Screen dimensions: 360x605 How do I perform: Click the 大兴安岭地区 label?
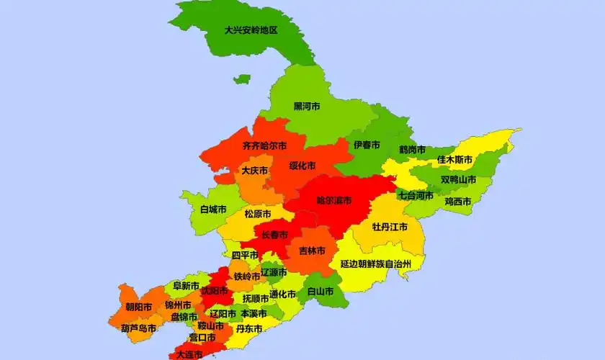[x=251, y=30]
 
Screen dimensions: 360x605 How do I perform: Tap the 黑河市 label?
[x=307, y=106]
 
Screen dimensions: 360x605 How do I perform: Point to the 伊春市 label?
[x=367, y=145]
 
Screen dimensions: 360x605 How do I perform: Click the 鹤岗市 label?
[x=413, y=150]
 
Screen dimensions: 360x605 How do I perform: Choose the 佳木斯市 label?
[x=454, y=159]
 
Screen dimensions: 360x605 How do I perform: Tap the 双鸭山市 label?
[x=458, y=179]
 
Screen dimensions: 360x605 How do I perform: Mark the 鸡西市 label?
[x=457, y=202]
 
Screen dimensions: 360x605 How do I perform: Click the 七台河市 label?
[x=416, y=195]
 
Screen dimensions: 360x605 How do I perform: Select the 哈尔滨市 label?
[x=334, y=200]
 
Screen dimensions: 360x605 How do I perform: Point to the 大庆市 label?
[x=254, y=171]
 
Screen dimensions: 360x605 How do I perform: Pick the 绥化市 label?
[x=302, y=166]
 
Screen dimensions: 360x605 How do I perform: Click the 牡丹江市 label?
[x=390, y=226]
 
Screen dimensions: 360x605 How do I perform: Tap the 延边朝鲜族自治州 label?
[x=375, y=264]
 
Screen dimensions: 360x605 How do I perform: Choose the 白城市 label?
[x=213, y=210]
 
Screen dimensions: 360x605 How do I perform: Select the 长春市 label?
[x=274, y=235]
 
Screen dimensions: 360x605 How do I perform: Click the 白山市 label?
[x=320, y=292]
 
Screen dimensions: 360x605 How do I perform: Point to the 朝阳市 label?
[x=138, y=307]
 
